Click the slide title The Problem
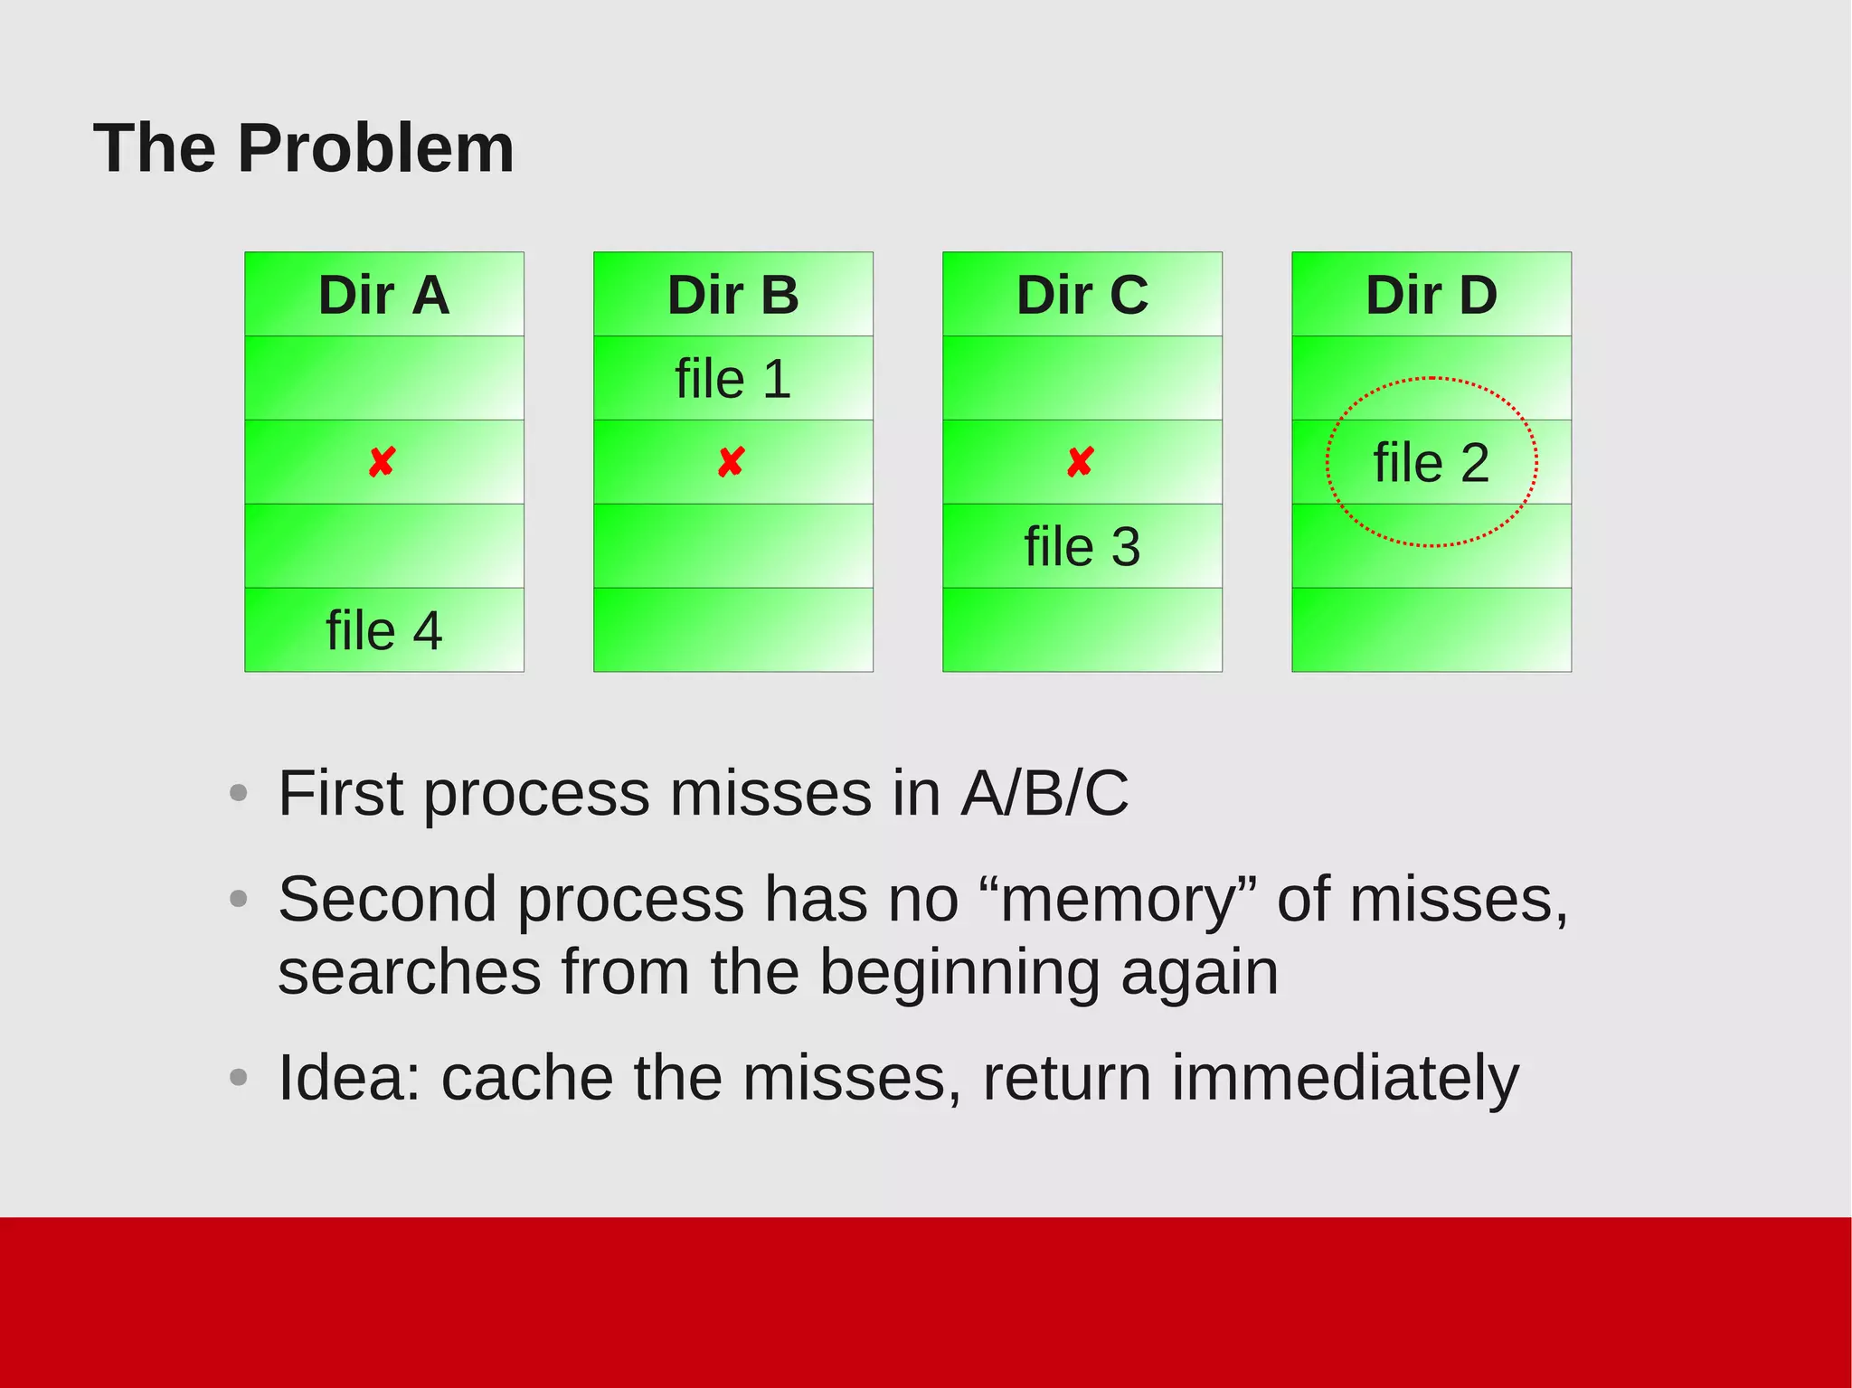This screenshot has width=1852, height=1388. click(304, 148)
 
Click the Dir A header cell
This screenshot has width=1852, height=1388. click(383, 295)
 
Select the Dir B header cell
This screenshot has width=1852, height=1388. click(732, 295)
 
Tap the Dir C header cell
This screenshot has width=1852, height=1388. click(1082, 295)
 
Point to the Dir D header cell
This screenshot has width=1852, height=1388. click(1431, 295)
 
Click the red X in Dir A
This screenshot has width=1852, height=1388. click(382, 462)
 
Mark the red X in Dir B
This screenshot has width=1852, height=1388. click(731, 462)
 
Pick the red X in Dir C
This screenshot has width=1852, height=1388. click(1080, 462)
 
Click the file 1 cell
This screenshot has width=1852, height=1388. click(732, 378)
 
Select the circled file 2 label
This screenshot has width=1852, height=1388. click(1431, 463)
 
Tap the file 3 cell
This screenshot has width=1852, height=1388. click(1082, 546)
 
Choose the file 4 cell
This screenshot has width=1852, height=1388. click(383, 630)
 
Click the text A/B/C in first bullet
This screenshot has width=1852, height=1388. click(1044, 793)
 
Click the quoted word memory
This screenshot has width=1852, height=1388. click(1119, 900)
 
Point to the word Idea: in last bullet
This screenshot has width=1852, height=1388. click(349, 1077)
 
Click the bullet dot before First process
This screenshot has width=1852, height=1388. click(239, 794)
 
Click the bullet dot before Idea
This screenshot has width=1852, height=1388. click(239, 1077)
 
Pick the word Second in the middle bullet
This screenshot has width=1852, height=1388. click(387, 899)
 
